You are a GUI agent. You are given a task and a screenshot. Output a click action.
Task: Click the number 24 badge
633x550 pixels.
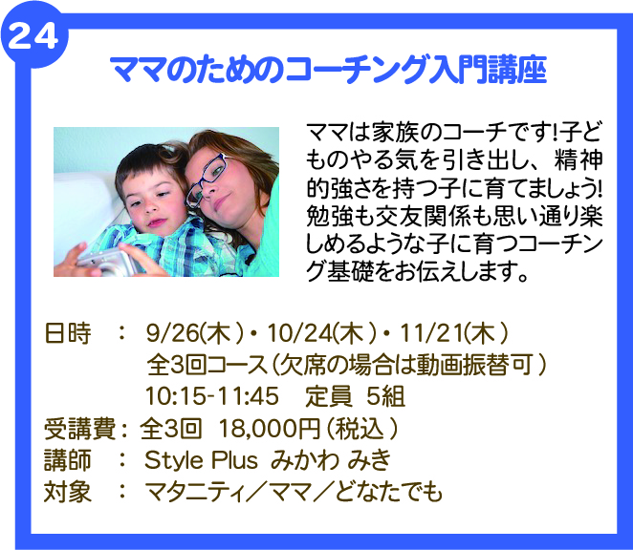tap(33, 37)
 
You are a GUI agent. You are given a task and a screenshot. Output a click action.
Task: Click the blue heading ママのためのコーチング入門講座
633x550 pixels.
tap(329, 70)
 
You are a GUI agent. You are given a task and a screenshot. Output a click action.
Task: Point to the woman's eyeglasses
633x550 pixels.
tap(207, 180)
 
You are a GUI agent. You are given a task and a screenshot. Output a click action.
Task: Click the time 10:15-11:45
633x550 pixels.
tap(212, 396)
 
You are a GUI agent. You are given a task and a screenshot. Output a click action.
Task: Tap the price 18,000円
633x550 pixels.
tap(270, 428)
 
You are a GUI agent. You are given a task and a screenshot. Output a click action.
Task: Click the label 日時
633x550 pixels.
tap(68, 334)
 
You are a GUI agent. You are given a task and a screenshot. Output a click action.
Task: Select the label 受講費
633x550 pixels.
tap(80, 428)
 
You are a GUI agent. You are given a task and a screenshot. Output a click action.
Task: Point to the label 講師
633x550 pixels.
tap(68, 460)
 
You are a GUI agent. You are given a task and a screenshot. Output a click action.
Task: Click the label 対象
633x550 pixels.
tap(68, 492)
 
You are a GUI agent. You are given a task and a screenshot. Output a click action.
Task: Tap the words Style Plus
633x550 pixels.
tap(201, 460)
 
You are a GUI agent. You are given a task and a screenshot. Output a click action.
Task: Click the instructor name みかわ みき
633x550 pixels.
tap(331, 460)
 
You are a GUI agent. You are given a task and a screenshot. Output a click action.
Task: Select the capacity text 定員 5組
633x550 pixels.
tap(356, 396)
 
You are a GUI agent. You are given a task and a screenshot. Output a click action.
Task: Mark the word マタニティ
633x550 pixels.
tap(195, 492)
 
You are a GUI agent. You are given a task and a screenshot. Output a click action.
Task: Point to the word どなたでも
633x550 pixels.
tap(389, 492)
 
